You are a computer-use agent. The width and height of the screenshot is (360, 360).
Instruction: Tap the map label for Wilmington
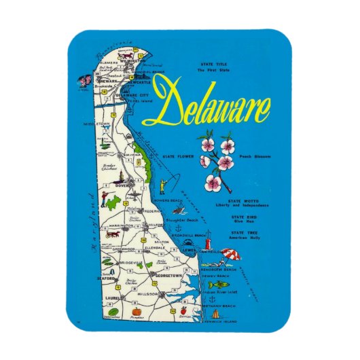(126, 59)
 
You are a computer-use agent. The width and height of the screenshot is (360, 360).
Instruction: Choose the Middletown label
(96, 124)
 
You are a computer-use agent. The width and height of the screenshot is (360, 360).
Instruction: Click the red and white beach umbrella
(232, 256)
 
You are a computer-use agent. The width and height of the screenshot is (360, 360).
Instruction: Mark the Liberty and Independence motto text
(244, 205)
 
